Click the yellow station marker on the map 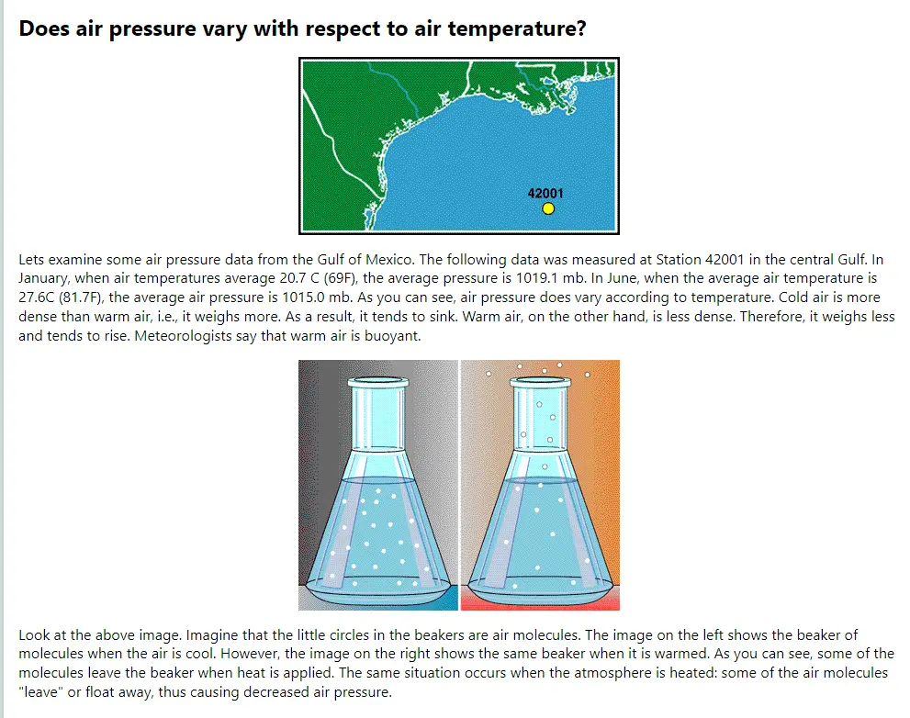548,208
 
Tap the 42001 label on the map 545,194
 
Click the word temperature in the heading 516,29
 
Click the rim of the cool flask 378,383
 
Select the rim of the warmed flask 540,383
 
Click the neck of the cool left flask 378,418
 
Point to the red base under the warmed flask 540,602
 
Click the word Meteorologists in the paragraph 183,336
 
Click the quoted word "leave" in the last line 40,692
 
